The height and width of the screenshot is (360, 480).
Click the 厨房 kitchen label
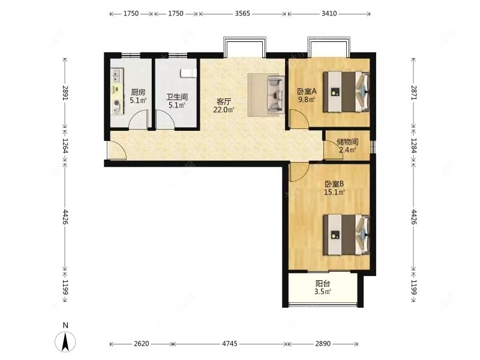(138, 92)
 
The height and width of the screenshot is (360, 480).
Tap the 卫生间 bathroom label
(177, 97)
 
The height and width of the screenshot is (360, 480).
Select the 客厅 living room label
(224, 101)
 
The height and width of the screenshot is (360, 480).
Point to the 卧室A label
(307, 91)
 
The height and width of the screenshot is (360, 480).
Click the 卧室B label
(334, 184)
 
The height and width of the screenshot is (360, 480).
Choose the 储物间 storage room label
(347, 142)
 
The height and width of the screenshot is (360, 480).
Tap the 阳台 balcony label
(323, 283)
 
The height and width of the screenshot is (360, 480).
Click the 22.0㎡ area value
(224, 110)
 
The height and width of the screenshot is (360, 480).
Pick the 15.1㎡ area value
(334, 192)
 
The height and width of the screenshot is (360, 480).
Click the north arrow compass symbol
(65, 341)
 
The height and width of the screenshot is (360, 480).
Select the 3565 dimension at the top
(242, 13)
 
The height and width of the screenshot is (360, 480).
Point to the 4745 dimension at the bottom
(230, 343)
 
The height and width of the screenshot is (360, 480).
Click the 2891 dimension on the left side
(65, 92)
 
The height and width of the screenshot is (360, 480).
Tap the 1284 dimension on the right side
(413, 146)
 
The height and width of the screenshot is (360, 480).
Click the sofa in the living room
(275, 95)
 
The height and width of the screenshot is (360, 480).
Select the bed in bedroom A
(346, 91)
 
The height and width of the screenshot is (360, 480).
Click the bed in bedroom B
(346, 235)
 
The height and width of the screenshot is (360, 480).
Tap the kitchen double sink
(117, 76)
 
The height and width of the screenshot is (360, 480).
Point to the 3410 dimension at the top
(329, 13)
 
